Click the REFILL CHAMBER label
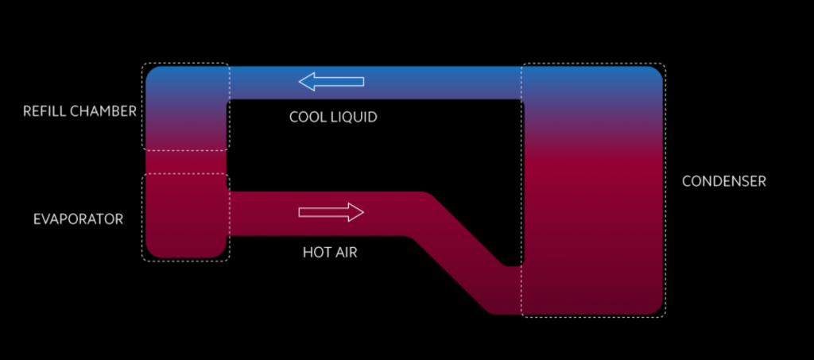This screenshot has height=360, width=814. click(79, 111)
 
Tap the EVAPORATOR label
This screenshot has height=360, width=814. click(78, 219)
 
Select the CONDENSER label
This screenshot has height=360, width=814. click(723, 181)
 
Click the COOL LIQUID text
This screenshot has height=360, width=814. click(332, 117)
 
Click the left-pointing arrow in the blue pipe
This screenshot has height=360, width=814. click(331, 81)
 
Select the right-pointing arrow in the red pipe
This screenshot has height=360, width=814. click(331, 212)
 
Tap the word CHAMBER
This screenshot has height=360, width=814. click(104, 111)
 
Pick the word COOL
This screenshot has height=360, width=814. click(306, 117)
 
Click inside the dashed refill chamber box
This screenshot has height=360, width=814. click(186, 107)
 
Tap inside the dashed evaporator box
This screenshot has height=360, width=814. click(186, 217)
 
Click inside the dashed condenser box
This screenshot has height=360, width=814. click(592, 191)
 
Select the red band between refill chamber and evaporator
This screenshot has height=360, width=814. click(186, 162)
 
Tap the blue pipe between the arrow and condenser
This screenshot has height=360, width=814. click(445, 82)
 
